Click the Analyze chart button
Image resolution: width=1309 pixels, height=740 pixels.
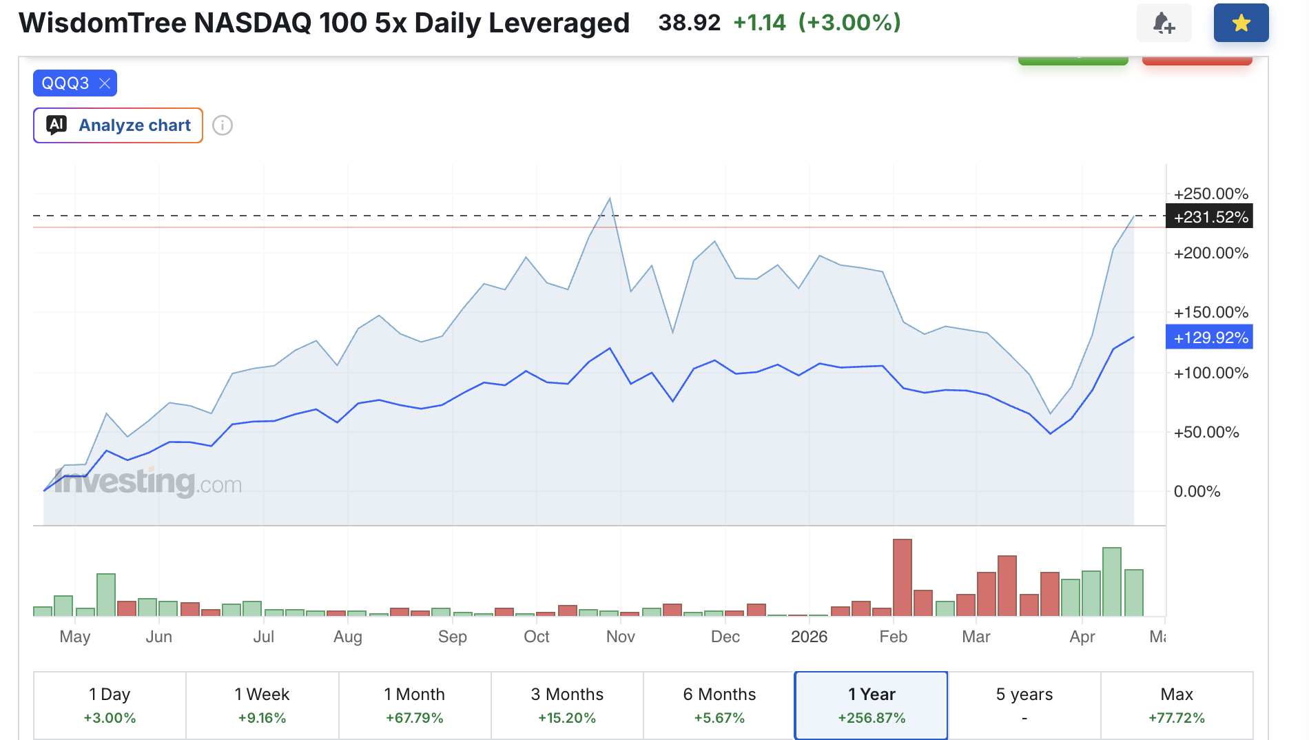(x=118, y=125)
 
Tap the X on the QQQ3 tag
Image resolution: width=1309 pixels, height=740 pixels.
(x=105, y=83)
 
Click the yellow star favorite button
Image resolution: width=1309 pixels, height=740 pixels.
(x=1241, y=23)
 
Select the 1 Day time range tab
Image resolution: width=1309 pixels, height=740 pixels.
(x=110, y=706)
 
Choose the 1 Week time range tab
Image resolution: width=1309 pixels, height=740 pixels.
(x=262, y=706)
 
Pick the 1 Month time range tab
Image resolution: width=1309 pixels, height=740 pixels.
(x=415, y=706)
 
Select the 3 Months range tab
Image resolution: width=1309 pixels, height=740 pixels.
(x=567, y=706)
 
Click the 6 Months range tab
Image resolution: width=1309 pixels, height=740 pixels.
(x=719, y=706)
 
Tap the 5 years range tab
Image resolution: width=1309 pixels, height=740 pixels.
(x=1024, y=706)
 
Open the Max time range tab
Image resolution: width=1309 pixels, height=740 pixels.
(x=1177, y=706)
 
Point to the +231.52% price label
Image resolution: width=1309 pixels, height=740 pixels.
(x=1209, y=216)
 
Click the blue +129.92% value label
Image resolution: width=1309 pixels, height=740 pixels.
(x=1209, y=337)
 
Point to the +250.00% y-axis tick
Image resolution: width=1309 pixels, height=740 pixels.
(x=1211, y=194)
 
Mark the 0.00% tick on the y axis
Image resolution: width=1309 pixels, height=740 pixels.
(x=1197, y=491)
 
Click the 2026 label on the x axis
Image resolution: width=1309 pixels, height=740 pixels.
(x=809, y=637)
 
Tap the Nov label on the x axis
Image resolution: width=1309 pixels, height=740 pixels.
(x=620, y=637)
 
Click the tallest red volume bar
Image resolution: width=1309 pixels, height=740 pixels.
(x=903, y=577)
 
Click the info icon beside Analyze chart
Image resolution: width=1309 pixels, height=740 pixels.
(x=223, y=125)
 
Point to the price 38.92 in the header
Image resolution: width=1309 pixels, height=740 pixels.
(x=689, y=23)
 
